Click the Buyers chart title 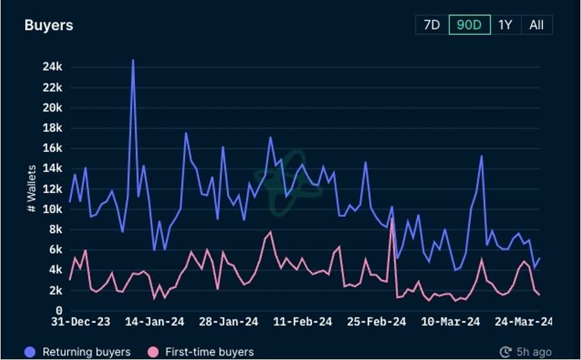[x=49, y=26]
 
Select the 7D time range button [x=431, y=25]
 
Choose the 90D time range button [x=469, y=25]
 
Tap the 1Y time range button [x=505, y=25]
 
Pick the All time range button [x=536, y=25]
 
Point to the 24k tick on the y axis [x=52, y=67]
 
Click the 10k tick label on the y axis [x=52, y=209]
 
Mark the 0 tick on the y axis [x=58, y=310]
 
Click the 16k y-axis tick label [x=52, y=148]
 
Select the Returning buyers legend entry [x=78, y=352]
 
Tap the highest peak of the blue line [x=133, y=60]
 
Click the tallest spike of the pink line [x=391, y=219]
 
